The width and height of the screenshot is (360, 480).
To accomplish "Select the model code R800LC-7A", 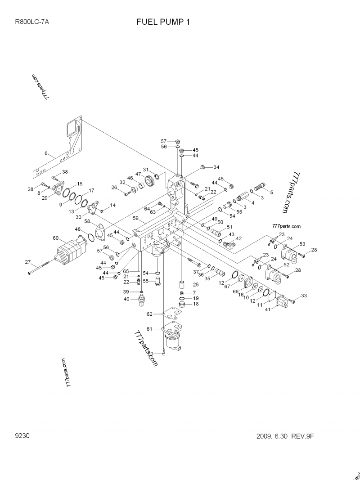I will [x=32, y=22].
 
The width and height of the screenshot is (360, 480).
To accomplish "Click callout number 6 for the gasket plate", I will [x=45, y=153].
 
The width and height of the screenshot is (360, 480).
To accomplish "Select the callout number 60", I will [x=56, y=238].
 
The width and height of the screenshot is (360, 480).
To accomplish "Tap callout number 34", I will [x=216, y=167].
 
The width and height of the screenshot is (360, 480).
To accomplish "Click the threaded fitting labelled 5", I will [x=261, y=185].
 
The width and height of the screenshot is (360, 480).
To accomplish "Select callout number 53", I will [x=302, y=244].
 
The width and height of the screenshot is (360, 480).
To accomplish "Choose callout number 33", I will [x=304, y=296].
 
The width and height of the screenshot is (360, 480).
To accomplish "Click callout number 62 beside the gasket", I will [x=150, y=314].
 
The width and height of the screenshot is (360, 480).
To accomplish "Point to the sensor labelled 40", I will [x=142, y=301].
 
